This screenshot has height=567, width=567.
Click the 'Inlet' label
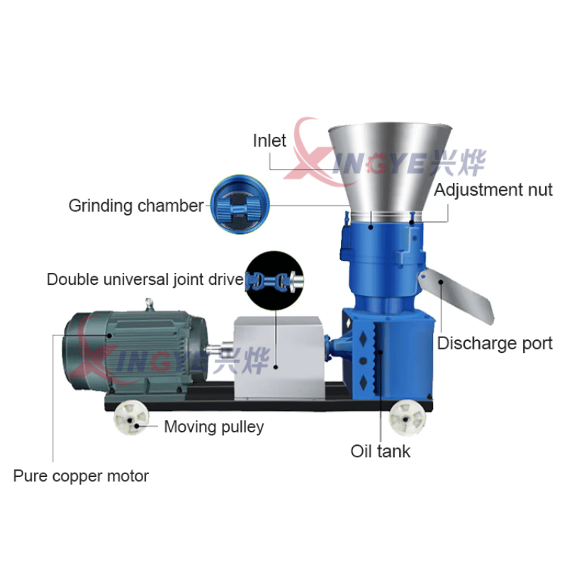coord(269,140)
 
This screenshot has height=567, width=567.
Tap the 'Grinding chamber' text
coord(136,206)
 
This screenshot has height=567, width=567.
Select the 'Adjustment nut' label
coord(493,189)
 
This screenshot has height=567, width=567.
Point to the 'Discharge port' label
coord(495,343)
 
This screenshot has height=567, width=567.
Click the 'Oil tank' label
coord(381,451)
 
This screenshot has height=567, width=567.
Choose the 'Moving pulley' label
coord(214,427)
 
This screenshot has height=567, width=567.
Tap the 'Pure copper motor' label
coord(81,476)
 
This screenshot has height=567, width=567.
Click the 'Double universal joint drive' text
coord(145,279)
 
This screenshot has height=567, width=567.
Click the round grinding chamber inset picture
coord(240,205)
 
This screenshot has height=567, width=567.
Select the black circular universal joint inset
coord(274,281)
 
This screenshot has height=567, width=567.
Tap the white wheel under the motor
coord(132,418)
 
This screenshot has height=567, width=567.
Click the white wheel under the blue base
coord(407,417)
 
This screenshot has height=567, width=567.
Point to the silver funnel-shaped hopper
coord(390,170)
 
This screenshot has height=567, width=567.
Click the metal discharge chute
coord(456,295)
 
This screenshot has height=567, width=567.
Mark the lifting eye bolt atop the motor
coord(149,304)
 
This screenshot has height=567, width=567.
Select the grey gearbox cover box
coord(279,358)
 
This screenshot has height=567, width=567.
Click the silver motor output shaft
coord(220,349)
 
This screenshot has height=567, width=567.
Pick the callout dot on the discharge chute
coord(441,282)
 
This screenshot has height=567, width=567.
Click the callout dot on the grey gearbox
coord(276,367)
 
